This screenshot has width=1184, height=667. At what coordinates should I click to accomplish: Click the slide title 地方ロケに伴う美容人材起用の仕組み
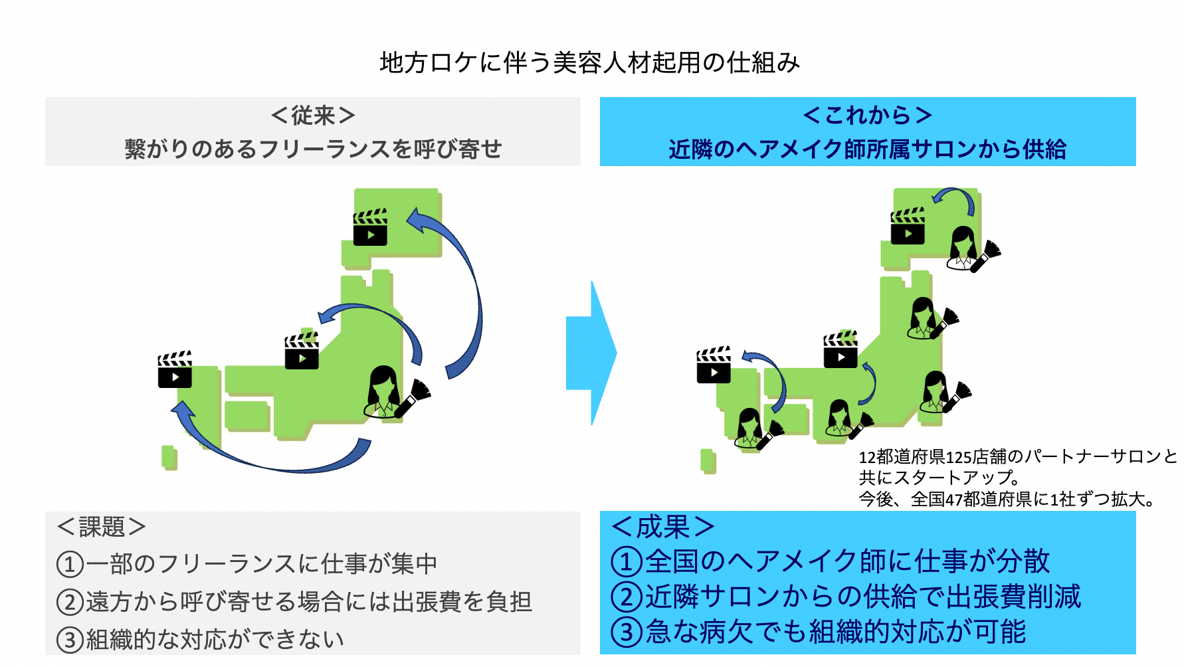[x=590, y=63]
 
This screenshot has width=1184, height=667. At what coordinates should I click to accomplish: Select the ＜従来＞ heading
[x=313, y=116]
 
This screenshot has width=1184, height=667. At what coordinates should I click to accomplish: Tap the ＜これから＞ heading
[x=867, y=116]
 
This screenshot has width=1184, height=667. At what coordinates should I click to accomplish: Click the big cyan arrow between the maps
[x=591, y=353]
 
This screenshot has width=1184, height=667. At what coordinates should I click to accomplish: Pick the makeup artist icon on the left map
[x=392, y=393]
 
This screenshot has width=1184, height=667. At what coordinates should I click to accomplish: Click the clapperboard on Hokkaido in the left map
[x=370, y=228]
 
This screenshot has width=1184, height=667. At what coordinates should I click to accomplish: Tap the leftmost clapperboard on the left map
[x=175, y=370]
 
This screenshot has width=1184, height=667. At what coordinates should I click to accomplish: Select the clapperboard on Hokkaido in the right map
[x=908, y=227]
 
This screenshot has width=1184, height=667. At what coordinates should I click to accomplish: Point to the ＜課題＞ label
[x=102, y=527]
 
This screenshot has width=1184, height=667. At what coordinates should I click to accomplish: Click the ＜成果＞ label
[x=662, y=527]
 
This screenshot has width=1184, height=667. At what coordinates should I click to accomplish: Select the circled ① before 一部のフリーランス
[x=70, y=565]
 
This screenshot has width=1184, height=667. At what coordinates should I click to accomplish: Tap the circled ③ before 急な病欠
[x=626, y=632]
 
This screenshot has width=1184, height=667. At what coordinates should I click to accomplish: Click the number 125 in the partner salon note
[x=959, y=458]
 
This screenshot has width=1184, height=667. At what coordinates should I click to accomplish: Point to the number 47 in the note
[x=954, y=500]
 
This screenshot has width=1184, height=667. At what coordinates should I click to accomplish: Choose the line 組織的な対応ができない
[x=215, y=640]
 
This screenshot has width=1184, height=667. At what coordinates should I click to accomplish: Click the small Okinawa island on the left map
[x=169, y=457]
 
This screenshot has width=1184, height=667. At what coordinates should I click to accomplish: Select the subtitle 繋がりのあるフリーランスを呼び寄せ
[x=313, y=149]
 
